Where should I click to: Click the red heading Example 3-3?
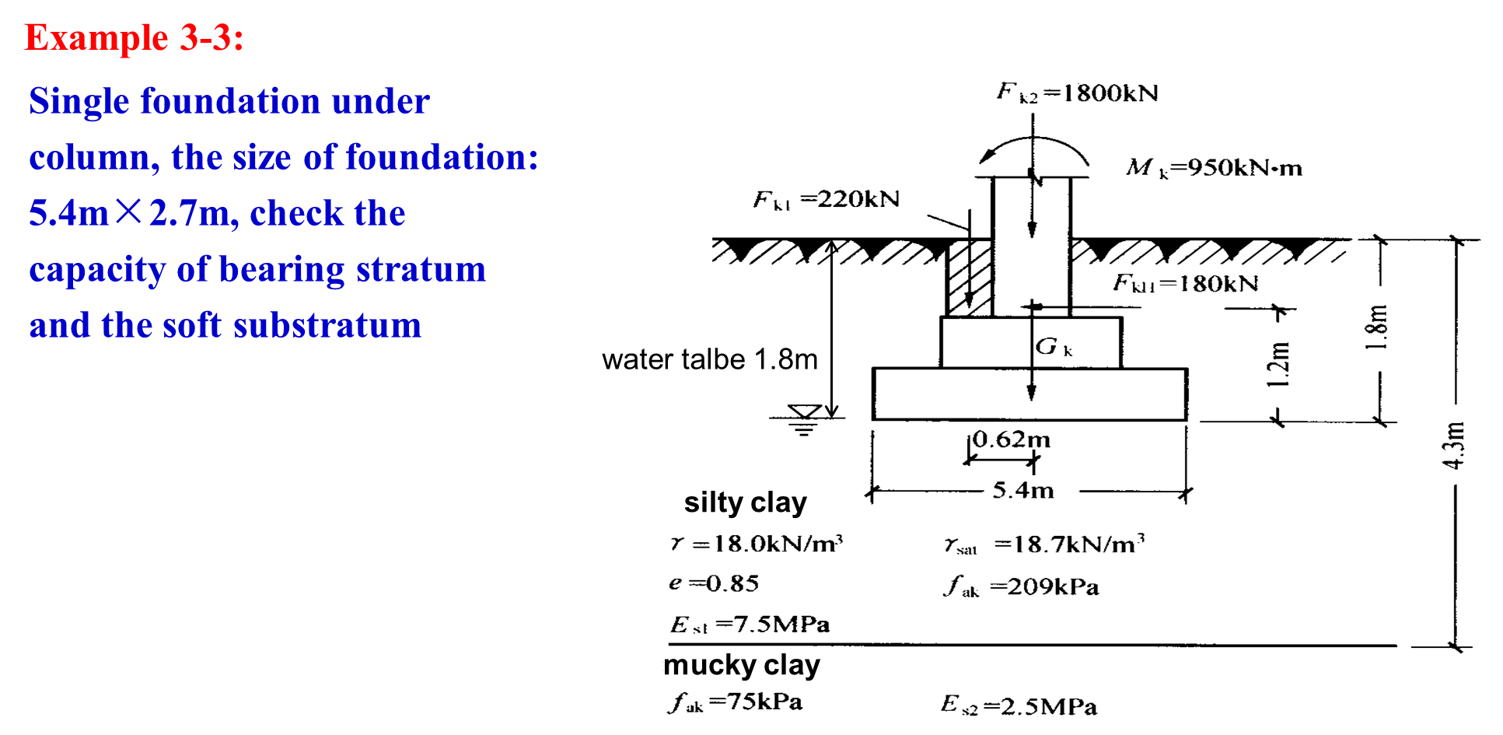pos(135,37)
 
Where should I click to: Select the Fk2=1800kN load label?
pos(1078,93)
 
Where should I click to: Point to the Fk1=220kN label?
pos(826,200)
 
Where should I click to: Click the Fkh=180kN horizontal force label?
pos(1186,283)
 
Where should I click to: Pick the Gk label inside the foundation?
pos(1054,347)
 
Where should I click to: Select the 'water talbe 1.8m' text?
pos(710,359)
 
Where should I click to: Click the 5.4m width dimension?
pos(1023,490)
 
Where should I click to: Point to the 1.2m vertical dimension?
pos(1278,364)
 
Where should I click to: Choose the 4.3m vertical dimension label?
pos(1453,446)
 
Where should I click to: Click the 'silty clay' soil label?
pos(745,502)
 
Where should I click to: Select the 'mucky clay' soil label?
pos(742,665)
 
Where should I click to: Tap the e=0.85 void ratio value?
pos(714,583)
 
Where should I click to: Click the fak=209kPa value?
pos(1022,586)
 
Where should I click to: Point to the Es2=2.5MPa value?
pos(1019,705)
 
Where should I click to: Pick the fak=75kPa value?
pos(735,702)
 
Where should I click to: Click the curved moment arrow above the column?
pos(1033,152)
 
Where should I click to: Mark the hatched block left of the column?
pos(969,278)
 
